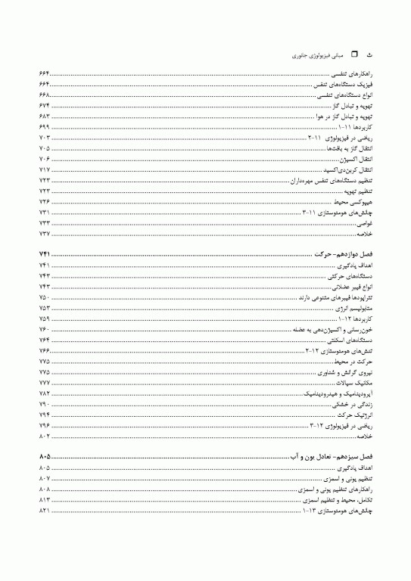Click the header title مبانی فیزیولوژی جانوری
[320, 56]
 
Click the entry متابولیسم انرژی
[357, 309]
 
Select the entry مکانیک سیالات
[359, 383]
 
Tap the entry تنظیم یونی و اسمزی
[350, 480]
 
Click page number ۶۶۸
[44, 96]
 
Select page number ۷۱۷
[44, 171]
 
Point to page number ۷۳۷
[44, 235]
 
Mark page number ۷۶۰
[44, 330]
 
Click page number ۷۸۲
[44, 394]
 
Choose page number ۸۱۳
[44, 501]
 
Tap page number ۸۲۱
[44, 511]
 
